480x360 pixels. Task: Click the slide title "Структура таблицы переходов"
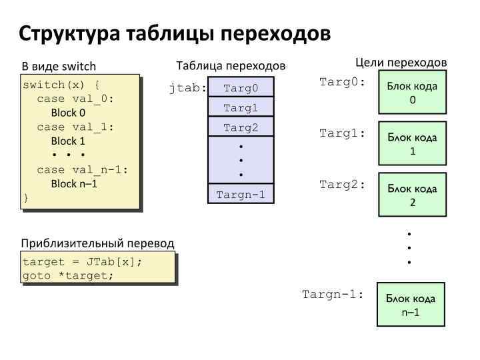174,33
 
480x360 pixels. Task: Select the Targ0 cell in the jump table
241,88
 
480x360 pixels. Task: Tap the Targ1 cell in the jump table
241,108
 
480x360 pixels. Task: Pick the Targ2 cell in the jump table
241,127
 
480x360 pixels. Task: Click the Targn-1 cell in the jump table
241,194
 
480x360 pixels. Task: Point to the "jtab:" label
188,88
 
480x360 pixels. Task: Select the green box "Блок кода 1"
413,143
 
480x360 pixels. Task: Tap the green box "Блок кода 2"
413,195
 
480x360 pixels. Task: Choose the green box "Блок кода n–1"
411,305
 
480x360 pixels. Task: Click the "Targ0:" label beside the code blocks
343,83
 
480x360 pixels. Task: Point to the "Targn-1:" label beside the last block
333,294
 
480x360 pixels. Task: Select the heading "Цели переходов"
401,62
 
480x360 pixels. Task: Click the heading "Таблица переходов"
231,66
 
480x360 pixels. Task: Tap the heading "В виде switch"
59,67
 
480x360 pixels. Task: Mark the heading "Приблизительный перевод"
97,243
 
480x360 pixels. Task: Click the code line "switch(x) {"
61,85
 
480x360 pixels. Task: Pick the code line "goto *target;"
68,275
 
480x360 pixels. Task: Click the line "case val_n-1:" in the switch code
82,169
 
